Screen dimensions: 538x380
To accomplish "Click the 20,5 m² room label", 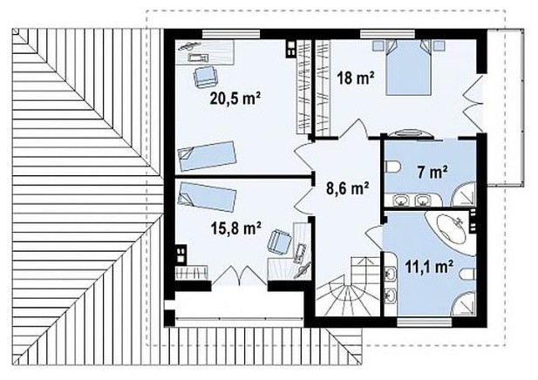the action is click(235, 98).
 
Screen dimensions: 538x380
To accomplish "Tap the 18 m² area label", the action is click(356, 78).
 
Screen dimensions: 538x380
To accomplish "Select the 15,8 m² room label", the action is click(235, 227).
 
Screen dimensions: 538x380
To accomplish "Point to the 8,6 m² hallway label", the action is click(348, 187).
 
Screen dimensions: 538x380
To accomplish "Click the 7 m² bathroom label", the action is click(432, 173).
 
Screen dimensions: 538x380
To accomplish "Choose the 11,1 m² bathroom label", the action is click(429, 266).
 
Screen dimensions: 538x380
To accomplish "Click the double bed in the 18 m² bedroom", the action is click(408, 67).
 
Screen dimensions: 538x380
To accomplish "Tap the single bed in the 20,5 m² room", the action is click(208, 156).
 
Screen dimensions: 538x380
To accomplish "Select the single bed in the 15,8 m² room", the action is click(208, 197).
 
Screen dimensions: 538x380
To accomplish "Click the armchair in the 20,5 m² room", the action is click(205, 77).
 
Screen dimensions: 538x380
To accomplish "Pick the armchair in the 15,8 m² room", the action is click(280, 241).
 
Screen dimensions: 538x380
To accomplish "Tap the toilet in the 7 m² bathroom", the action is click(393, 167).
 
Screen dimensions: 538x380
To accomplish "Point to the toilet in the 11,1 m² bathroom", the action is click(467, 275).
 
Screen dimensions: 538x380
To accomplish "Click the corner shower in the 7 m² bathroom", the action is click(464, 195).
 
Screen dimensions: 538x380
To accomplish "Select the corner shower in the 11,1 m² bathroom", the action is click(464, 302).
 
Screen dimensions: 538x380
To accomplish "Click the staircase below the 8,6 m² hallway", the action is click(347, 287).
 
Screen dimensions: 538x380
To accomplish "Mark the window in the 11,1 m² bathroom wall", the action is click(425, 322).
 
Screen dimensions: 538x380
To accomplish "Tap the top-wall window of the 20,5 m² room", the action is click(231, 34).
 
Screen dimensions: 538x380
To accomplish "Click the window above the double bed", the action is click(387, 34).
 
